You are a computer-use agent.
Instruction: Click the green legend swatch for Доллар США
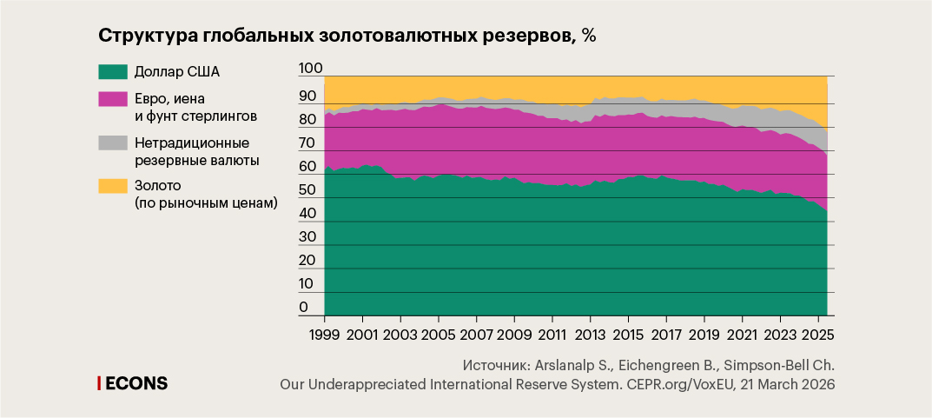point(113,72)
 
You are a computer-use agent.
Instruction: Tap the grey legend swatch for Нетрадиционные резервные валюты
point(113,141)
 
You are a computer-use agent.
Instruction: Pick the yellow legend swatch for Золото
point(113,184)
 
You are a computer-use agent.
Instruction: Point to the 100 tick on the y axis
point(310,69)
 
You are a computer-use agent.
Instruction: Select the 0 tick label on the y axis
point(303,307)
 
